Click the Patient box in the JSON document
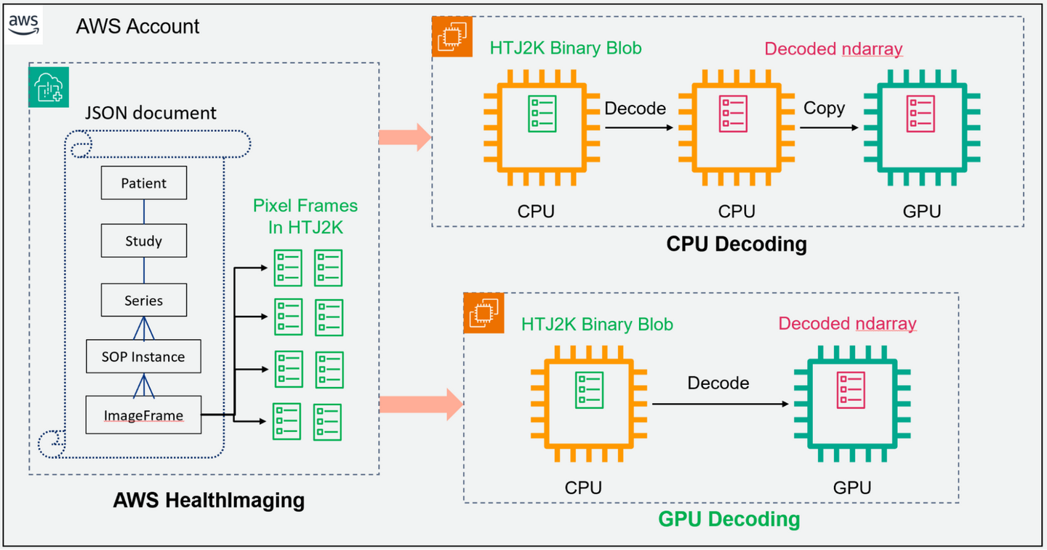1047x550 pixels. pos(144,183)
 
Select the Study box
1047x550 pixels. pos(144,241)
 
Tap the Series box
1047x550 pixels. pos(144,300)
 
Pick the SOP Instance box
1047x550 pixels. pos(143,356)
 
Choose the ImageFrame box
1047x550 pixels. pos(143,415)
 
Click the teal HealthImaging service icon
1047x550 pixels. pos(48,87)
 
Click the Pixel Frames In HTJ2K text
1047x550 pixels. pos(305,216)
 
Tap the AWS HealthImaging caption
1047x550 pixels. pos(209,501)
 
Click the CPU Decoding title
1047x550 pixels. pos(737,244)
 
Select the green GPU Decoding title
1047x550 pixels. pos(729,519)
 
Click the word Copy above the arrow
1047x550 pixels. pos(824,108)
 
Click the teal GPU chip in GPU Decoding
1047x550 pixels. pos(851,404)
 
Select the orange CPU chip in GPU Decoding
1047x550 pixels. pos(588,404)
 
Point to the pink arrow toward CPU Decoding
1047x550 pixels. pos(405,137)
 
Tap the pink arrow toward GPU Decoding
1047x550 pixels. pos(420,404)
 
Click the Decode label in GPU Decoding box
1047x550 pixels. pos(718,383)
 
